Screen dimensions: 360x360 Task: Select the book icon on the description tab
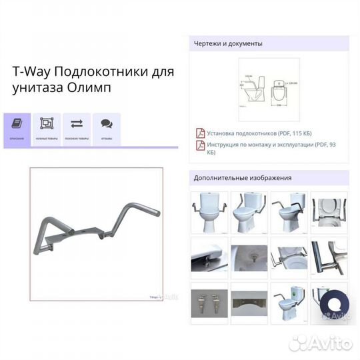[x=17, y=125]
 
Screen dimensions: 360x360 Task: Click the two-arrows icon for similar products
[x=77, y=124]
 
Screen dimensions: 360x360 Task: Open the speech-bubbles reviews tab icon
[x=106, y=124]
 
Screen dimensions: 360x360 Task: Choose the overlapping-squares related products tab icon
[x=47, y=124]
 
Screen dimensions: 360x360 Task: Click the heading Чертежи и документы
[x=228, y=43]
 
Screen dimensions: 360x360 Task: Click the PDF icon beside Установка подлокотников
[x=199, y=133]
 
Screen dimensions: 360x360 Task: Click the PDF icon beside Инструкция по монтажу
[x=199, y=145]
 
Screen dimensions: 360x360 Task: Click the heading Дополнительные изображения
[x=243, y=178]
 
